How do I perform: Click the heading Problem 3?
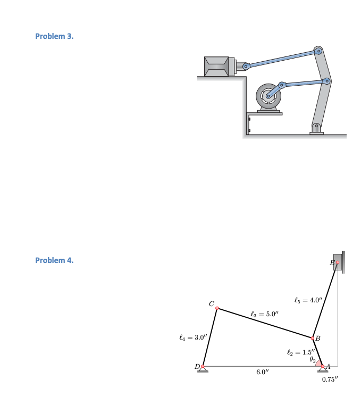click(55, 36)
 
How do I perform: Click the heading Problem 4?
click(55, 260)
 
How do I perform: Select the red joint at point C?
click(217, 309)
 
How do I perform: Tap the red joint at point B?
click(312, 337)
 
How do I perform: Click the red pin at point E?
click(338, 262)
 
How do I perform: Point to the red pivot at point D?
click(202, 366)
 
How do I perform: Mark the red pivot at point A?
click(323, 366)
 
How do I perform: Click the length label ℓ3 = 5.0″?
click(264, 314)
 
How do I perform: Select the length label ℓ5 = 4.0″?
click(308, 300)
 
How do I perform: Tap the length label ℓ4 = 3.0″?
click(190, 337)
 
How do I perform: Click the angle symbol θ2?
click(313, 360)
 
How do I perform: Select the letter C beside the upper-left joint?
click(212, 303)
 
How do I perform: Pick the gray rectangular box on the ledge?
click(217, 65)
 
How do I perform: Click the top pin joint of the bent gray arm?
click(319, 51)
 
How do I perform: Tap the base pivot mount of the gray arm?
click(316, 128)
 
